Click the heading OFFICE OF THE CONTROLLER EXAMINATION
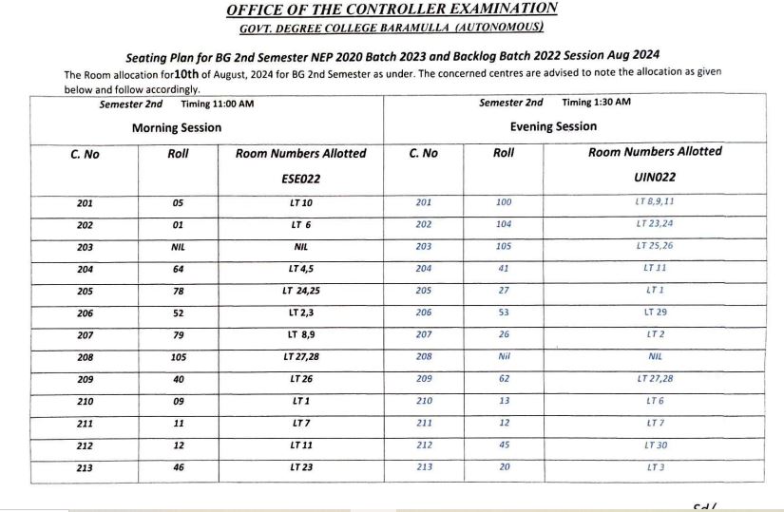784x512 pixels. coord(392,9)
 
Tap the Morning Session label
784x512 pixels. coord(177,127)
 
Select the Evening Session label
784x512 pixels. coord(553,126)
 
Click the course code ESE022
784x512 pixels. coord(300,178)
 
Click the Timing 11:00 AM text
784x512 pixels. coord(217,104)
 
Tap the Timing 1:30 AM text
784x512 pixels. coord(596,103)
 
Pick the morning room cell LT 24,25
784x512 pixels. coord(300,291)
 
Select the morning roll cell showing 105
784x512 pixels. coord(178,357)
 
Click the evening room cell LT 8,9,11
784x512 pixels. coord(654,202)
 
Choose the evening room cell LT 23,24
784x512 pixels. coord(654,224)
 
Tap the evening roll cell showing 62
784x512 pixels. coord(504,379)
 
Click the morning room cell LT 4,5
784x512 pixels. coord(300,269)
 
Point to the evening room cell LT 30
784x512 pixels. coord(654,445)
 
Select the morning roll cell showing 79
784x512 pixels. coord(178,334)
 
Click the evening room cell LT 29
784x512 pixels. coord(654,312)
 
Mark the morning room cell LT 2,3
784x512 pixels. coord(300,313)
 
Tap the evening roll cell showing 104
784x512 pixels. coord(504,224)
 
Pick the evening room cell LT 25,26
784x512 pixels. coord(654,246)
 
